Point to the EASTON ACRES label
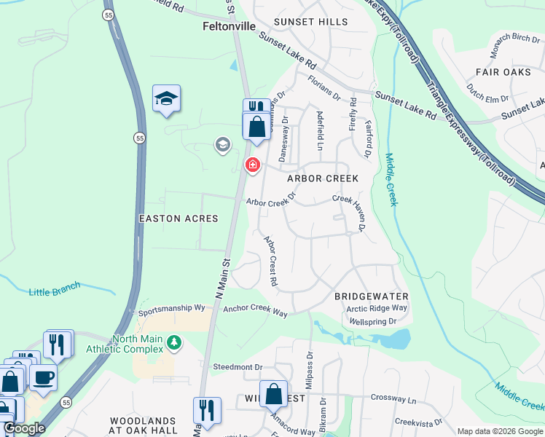point(179,219)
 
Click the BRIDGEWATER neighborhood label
point(371,296)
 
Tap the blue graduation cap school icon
point(166,98)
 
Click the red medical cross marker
point(253,165)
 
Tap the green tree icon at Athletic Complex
point(173,341)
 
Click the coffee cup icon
point(43,378)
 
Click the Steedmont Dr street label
point(237,366)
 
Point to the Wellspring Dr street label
point(373,321)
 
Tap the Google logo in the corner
point(24,429)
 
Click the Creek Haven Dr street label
point(349,210)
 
